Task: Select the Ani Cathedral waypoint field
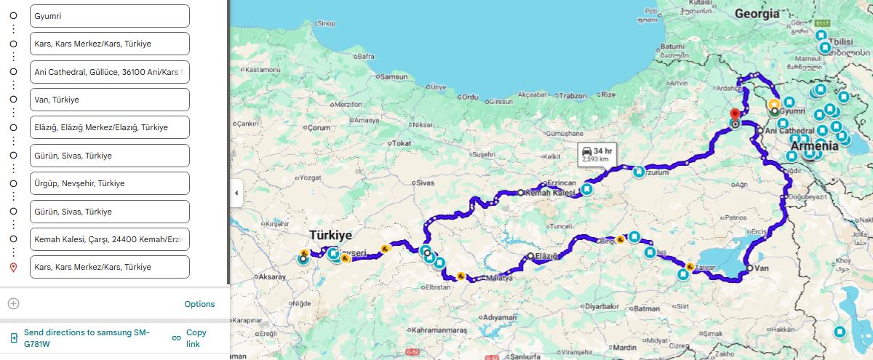click(x=109, y=72)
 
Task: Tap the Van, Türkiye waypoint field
click(x=109, y=100)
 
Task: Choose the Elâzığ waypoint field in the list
click(x=109, y=127)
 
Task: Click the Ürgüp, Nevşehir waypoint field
click(x=109, y=183)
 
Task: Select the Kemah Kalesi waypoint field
click(x=109, y=239)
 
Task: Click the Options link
click(x=199, y=304)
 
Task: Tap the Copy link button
click(x=194, y=337)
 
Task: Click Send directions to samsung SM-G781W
click(x=86, y=337)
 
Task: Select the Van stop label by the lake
click(x=762, y=269)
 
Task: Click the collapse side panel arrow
click(x=236, y=193)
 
